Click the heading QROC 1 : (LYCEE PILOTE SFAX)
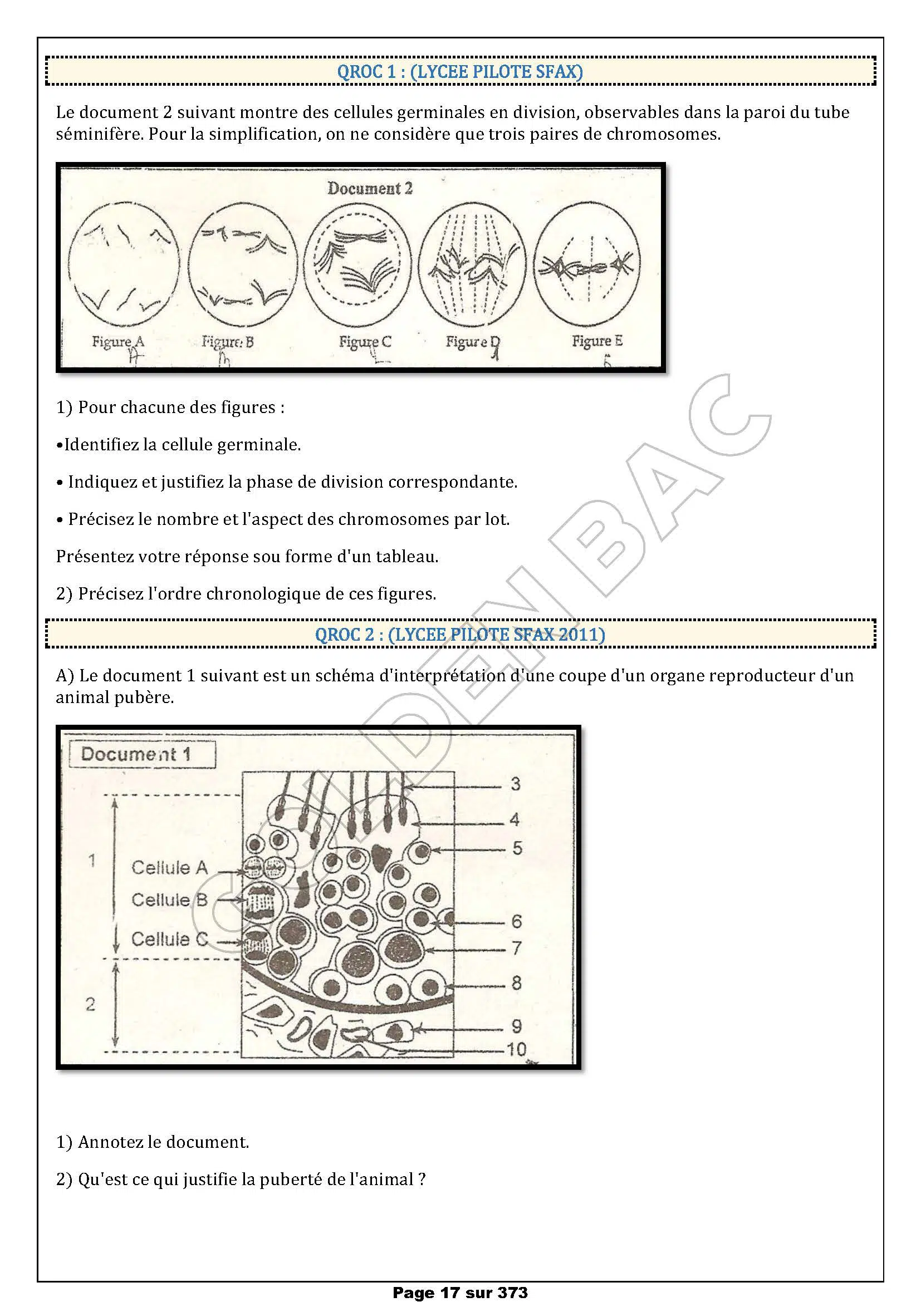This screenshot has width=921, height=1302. tap(460, 72)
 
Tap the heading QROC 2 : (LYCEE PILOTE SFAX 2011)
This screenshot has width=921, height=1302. tap(460, 634)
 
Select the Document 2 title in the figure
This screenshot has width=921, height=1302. tap(370, 188)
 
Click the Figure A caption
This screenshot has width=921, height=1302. tap(118, 341)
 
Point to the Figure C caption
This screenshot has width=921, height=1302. tap(365, 341)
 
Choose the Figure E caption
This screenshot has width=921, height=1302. tap(596, 341)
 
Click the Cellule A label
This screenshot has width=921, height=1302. tap(169, 867)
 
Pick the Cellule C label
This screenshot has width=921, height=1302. tap(169, 939)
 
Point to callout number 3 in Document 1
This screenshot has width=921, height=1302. tap(515, 784)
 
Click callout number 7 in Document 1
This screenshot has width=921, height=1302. tap(516, 947)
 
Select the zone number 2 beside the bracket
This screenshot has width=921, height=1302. tap(90, 1005)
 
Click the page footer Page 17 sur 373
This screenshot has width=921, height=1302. tap(460, 1293)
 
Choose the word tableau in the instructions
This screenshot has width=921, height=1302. tap(408, 556)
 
